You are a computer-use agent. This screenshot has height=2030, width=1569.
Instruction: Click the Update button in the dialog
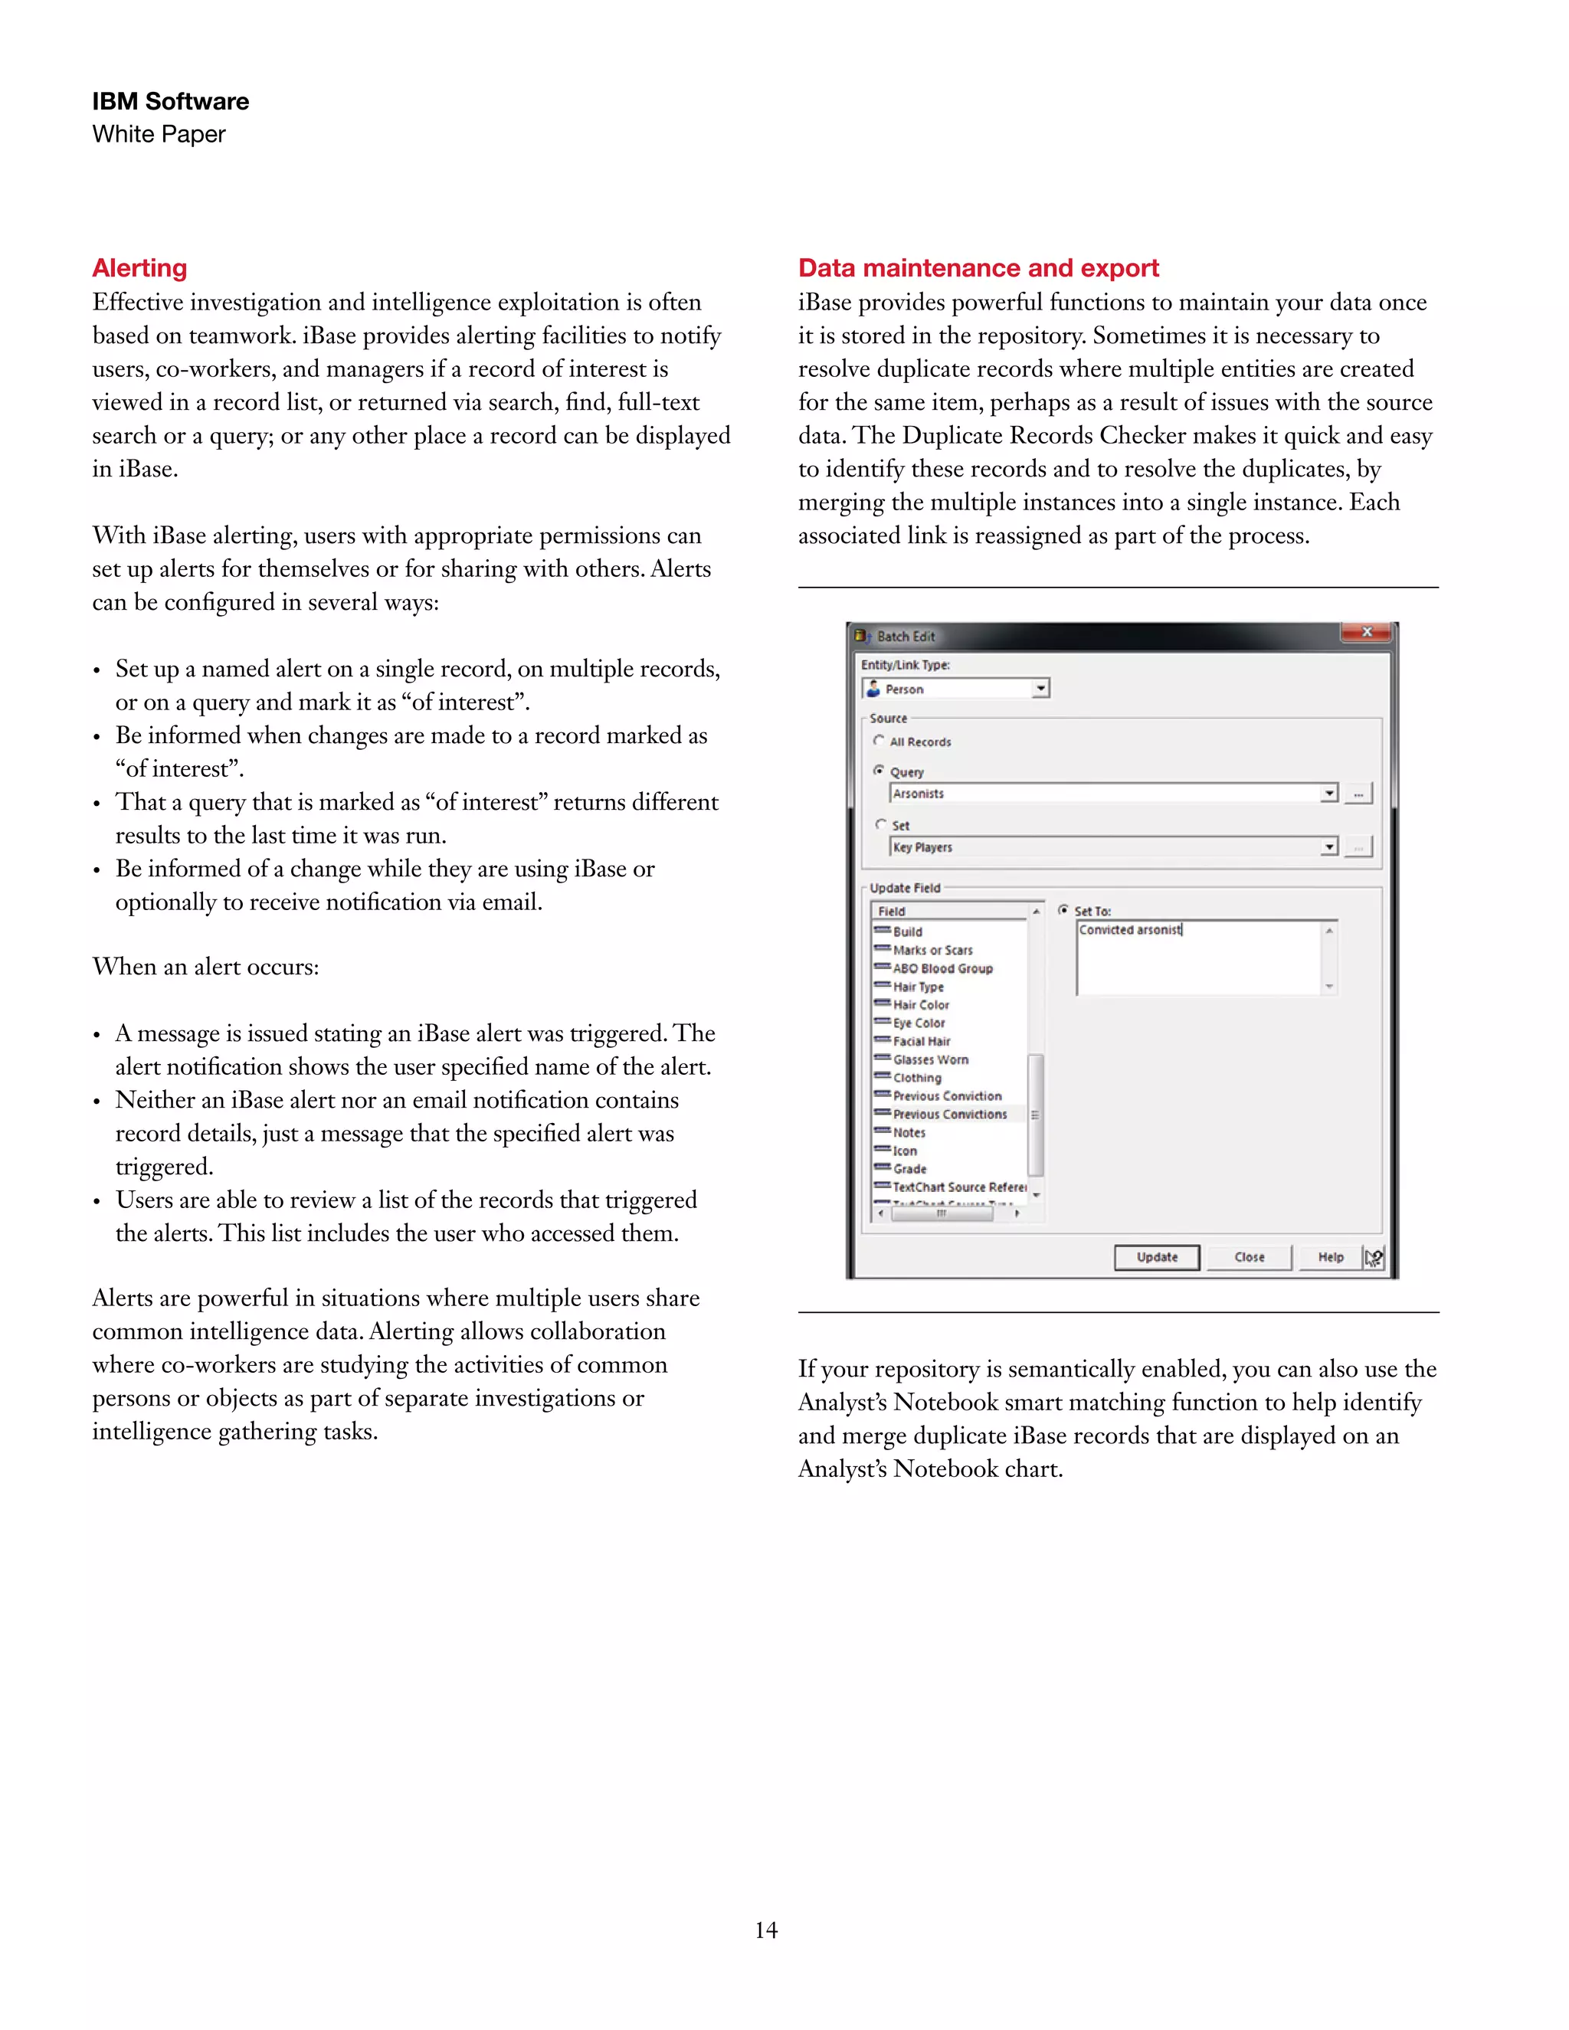(1156, 1256)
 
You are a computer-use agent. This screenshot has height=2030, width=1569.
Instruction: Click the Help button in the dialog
(1330, 1256)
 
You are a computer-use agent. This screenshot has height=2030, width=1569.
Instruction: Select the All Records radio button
(879, 741)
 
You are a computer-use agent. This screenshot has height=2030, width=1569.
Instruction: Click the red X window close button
(1367, 632)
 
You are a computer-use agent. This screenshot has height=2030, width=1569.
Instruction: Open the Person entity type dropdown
(1041, 689)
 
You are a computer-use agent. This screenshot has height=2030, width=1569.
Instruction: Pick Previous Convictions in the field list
(949, 1114)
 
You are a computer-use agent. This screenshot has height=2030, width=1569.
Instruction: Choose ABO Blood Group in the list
(942, 968)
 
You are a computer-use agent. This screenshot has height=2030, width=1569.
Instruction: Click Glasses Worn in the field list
(929, 1059)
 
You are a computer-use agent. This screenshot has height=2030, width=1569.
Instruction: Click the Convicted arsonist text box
(1199, 958)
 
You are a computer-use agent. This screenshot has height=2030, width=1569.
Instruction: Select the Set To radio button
(1063, 911)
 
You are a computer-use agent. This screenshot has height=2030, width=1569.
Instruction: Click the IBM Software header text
(170, 101)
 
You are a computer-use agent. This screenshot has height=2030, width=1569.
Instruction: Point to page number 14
(766, 1930)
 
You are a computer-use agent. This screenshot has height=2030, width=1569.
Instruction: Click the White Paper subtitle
(159, 135)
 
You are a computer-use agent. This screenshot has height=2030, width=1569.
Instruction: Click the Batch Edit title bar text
(906, 637)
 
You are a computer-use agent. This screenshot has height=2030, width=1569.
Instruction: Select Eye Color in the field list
(919, 1023)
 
